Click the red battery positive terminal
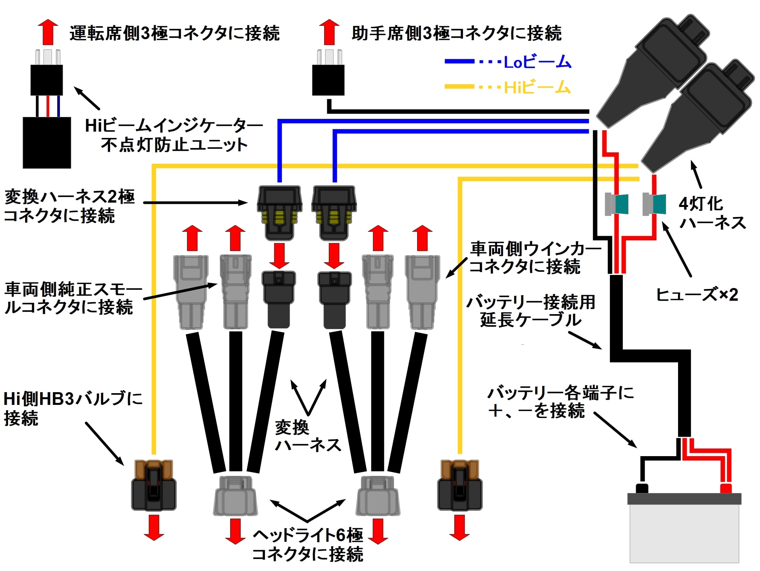click(725, 488)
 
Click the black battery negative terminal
click(642, 488)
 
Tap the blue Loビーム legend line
click(459, 62)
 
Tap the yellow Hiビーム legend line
click(459, 87)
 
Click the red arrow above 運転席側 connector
click(48, 32)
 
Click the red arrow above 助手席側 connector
click(329, 32)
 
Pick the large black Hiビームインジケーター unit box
click(47, 142)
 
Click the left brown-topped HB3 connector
click(154, 485)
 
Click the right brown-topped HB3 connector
click(459, 485)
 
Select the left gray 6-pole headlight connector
click(235, 496)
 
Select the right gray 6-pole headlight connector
click(378, 496)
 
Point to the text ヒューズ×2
click(697, 295)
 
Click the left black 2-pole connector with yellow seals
click(279, 213)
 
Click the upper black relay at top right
click(653, 69)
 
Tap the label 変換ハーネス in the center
click(307, 436)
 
